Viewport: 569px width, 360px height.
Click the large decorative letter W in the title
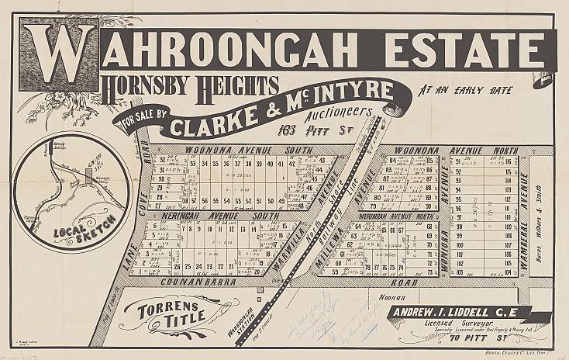(x=60, y=56)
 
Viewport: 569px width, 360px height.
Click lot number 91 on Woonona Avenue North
(x=459, y=161)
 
